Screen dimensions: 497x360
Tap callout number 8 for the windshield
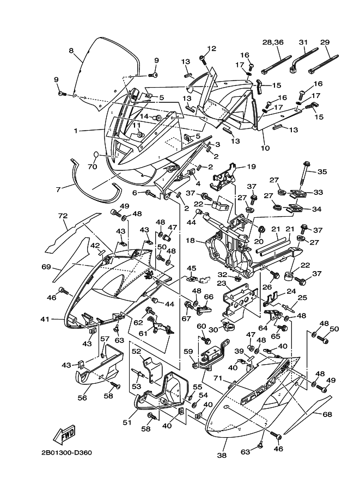pyautogui.click(x=71, y=51)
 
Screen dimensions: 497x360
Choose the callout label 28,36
pyautogui.click(x=277, y=42)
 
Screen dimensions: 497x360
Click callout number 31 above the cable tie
pyautogui.click(x=303, y=42)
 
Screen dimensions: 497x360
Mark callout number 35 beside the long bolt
pyautogui.click(x=322, y=172)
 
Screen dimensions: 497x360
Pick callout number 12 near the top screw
pyautogui.click(x=211, y=48)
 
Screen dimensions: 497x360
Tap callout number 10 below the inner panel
pyautogui.click(x=265, y=148)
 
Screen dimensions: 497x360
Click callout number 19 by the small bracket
pyautogui.click(x=251, y=167)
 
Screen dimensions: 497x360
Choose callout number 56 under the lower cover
pyautogui.click(x=82, y=397)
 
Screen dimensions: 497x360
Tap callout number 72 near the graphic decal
pyautogui.click(x=64, y=217)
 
